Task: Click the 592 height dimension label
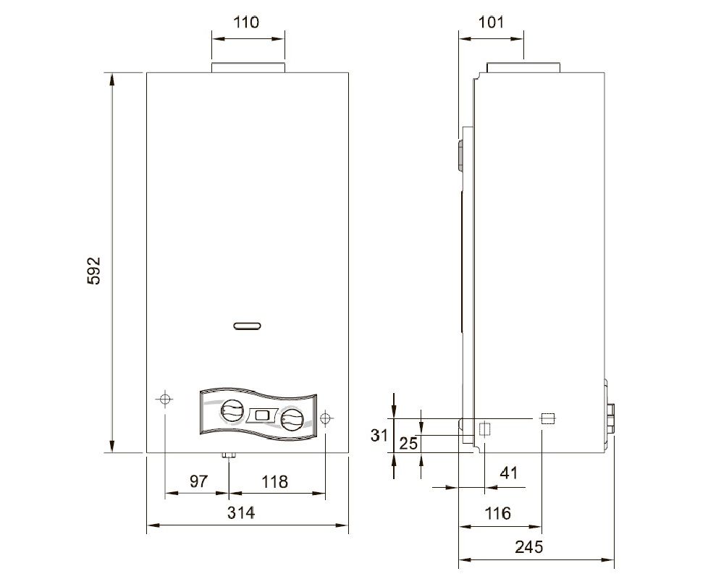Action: [x=93, y=271]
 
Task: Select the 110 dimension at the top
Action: [x=246, y=22]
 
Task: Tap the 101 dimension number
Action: [x=491, y=22]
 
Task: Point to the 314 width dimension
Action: [x=241, y=512]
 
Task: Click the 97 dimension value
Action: [x=198, y=481]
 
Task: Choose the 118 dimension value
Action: [x=274, y=482]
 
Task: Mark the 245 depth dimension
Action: [x=528, y=547]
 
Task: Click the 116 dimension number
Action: [x=497, y=513]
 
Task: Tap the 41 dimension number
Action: [x=509, y=473]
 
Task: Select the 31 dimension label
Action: [x=379, y=436]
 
